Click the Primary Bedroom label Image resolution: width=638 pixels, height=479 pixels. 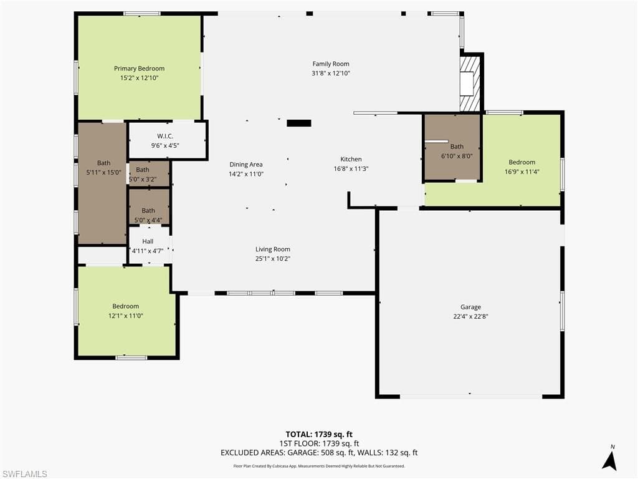pyautogui.click(x=139, y=69)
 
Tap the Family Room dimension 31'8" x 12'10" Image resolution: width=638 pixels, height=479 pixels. pyautogui.click(x=331, y=73)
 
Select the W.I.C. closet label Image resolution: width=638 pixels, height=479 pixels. pyautogui.click(x=165, y=136)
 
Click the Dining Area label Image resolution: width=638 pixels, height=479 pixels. pyautogui.click(x=245, y=165)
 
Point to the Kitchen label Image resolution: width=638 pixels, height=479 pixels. pyautogui.click(x=351, y=159)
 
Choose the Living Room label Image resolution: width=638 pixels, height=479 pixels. pyautogui.click(x=273, y=249)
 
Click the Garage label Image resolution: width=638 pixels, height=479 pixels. pyautogui.click(x=470, y=307)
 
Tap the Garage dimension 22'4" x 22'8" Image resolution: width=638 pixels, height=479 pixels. pyautogui.click(x=470, y=316)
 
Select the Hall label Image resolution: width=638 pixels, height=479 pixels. pyautogui.click(x=148, y=241)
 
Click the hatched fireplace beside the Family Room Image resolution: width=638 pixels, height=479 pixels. pyautogui.click(x=470, y=75)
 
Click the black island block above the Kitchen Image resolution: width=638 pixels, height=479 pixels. pyautogui.click(x=298, y=123)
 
